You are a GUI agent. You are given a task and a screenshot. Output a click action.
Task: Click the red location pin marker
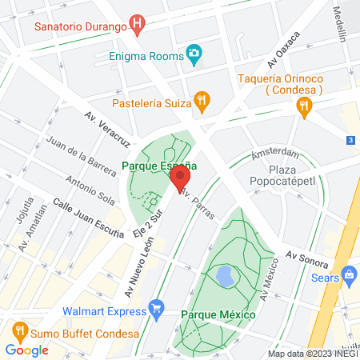coord(180,177)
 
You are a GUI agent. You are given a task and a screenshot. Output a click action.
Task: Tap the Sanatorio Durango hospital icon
coord(138,25)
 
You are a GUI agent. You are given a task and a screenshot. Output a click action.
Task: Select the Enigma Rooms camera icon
coord(193,54)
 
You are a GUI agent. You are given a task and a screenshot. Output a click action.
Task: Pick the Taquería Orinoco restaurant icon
coord(302,106)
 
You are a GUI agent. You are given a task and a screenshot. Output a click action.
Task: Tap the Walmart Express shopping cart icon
coord(156,307)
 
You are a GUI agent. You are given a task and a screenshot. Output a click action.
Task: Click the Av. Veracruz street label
coord(107,128)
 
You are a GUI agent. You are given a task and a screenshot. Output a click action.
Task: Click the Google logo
coord(26,350)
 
